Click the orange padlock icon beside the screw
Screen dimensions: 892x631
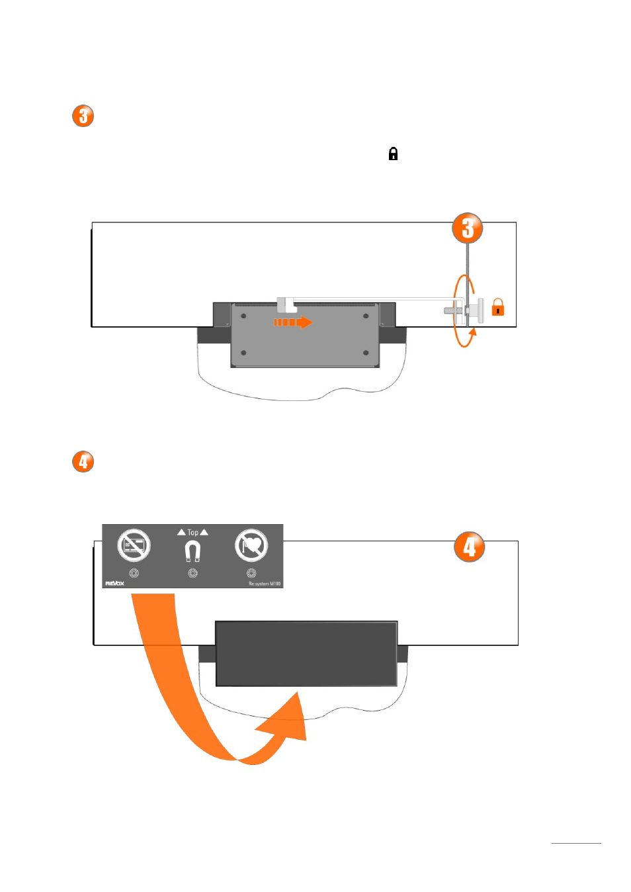498,308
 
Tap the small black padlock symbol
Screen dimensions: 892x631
393,154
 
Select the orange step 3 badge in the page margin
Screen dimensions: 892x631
83,116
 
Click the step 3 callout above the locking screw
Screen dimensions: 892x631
468,228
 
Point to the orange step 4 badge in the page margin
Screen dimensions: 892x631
83,461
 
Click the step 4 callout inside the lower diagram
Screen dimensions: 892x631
469,547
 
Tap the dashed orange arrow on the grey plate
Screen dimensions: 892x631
293,322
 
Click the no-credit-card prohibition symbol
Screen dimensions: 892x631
134,545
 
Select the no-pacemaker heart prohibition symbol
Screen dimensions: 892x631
251,545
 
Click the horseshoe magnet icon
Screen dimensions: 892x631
192,551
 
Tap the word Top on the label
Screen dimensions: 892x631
192,532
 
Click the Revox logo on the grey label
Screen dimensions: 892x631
114,584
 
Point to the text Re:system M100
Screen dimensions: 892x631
265,584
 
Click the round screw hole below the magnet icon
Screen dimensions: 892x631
192,573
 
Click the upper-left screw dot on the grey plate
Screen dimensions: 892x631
243,316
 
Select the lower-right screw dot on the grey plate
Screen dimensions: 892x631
366,353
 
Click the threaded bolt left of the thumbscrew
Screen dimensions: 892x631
453,310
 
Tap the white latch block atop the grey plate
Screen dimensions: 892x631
286,305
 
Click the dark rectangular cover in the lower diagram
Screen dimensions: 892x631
306,654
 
